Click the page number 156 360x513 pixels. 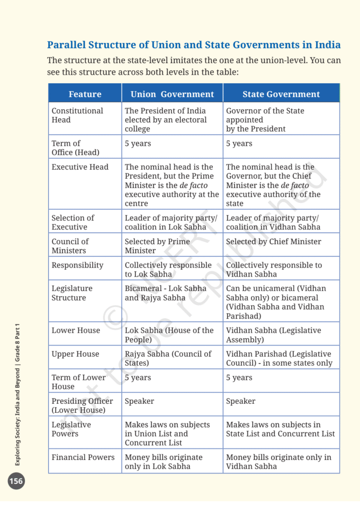click(x=16, y=481)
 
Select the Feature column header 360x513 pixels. click(x=85, y=94)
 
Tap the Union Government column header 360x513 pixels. click(x=172, y=94)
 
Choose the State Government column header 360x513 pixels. click(x=281, y=94)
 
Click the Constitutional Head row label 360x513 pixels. click(x=77, y=115)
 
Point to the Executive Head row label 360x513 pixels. click(x=80, y=167)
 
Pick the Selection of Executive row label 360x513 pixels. click(x=73, y=222)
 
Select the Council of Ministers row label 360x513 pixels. click(x=70, y=246)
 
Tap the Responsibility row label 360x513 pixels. click(x=77, y=265)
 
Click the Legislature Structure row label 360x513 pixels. click(x=73, y=293)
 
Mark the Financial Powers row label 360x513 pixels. click(x=83, y=457)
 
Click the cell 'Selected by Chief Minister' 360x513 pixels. click(x=273, y=241)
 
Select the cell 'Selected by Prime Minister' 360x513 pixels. click(x=157, y=246)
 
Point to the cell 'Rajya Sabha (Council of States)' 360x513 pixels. click(x=168, y=358)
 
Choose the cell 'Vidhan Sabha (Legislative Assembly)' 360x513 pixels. click(x=273, y=335)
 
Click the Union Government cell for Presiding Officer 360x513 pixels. click(x=139, y=401)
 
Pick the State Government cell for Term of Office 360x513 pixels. click(x=239, y=144)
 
